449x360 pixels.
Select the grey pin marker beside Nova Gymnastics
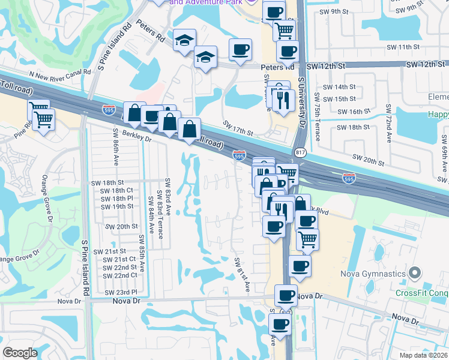pyautogui.click(x=414, y=274)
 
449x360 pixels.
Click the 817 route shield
pyautogui.click(x=301, y=153)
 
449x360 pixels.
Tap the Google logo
pyautogui.click(x=20, y=353)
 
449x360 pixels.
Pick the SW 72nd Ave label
pyautogui.click(x=388, y=124)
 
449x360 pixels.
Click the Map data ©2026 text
pyautogui.click(x=423, y=355)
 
